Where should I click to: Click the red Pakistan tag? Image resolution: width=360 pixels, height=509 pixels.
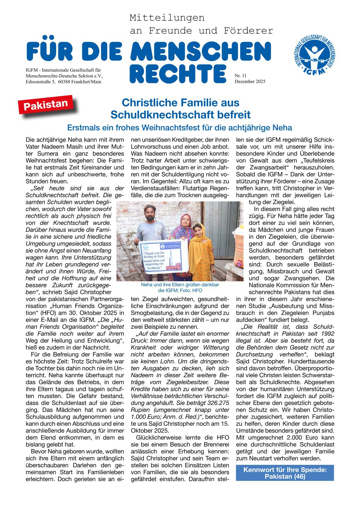46,104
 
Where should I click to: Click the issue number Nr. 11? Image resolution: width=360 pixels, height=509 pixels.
241,76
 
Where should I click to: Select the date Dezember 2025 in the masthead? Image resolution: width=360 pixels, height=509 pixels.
250,81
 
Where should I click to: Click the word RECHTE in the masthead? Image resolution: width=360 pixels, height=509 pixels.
178,74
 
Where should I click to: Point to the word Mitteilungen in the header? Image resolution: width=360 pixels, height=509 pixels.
167,18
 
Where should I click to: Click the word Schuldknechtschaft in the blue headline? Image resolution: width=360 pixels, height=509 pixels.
163,115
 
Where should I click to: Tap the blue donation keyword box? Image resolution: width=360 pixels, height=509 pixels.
285,473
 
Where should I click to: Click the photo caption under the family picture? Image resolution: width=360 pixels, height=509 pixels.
180,288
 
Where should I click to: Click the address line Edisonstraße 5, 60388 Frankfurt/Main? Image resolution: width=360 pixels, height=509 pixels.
64,82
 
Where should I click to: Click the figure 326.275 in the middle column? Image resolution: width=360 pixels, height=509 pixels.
216,403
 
